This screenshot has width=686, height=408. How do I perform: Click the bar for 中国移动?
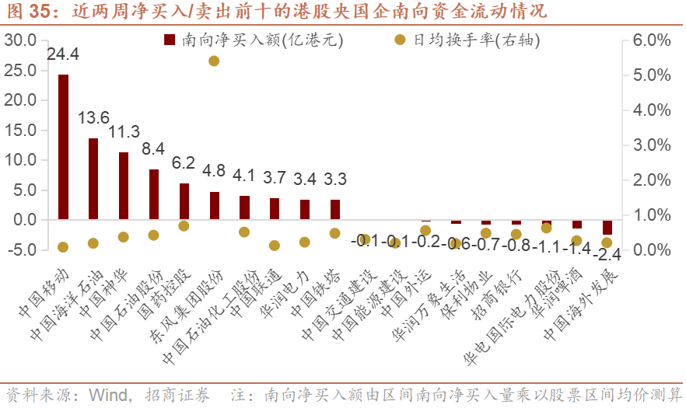63,147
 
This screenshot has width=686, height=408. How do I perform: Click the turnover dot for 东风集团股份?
214,61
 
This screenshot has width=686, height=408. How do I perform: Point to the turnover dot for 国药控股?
184,226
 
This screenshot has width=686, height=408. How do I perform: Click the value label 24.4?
63,54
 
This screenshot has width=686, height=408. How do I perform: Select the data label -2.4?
607,255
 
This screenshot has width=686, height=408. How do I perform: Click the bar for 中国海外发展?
607,227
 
